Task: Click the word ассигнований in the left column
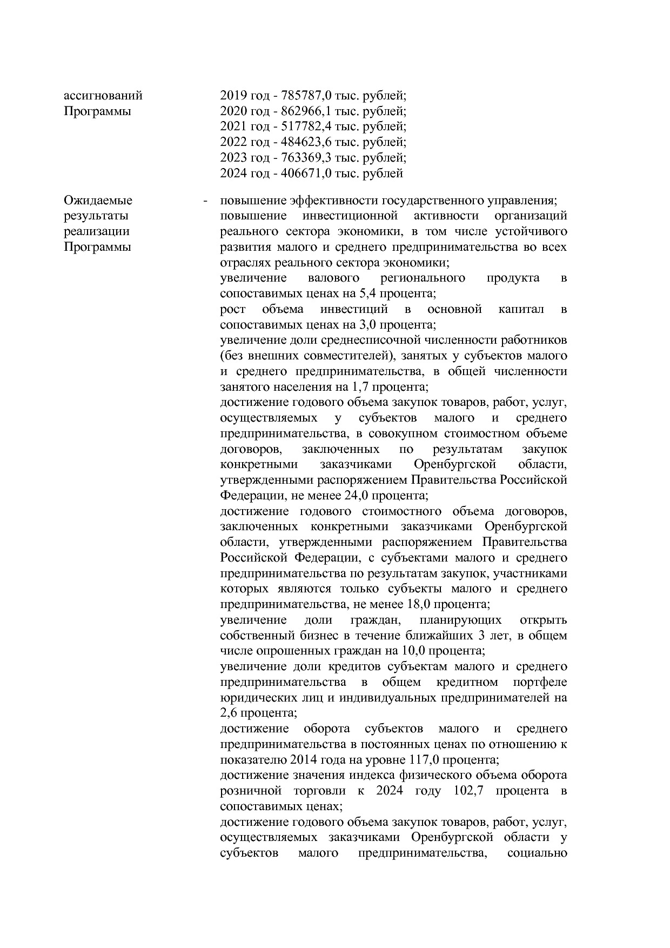coord(103,96)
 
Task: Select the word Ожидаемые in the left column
coord(98,201)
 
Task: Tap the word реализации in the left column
coord(97,231)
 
